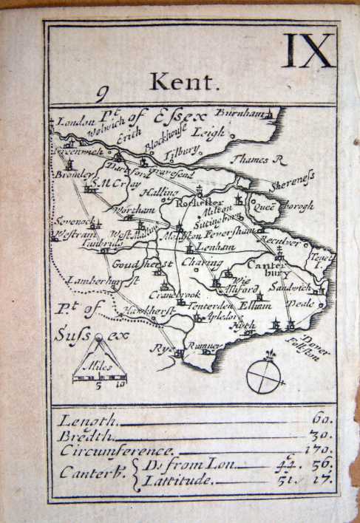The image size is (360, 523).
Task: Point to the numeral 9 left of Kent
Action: point(102,93)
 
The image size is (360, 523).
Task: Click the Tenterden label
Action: point(213,307)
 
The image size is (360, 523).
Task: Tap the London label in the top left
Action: point(72,122)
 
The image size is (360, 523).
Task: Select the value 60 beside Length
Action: point(322,418)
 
